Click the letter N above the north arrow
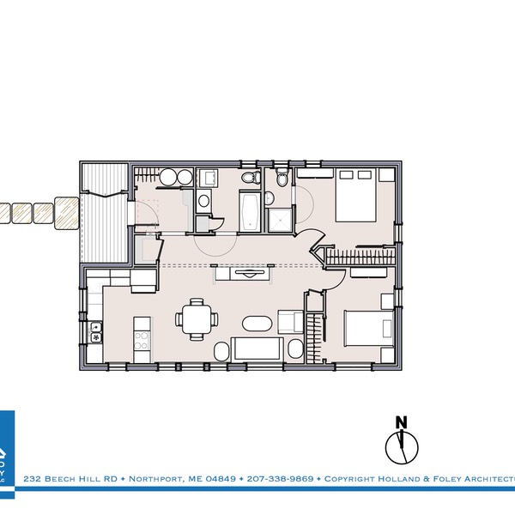tap(400, 421)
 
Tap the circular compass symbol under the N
tap(400, 446)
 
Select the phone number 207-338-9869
tap(280, 478)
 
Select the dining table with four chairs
tap(197, 318)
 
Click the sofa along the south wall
tap(257, 349)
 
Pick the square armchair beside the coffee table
tap(288, 322)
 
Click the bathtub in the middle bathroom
tap(251, 212)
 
